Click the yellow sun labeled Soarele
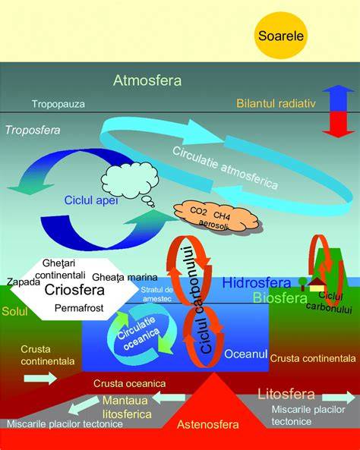tap(281, 36)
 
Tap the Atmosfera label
tap(147, 80)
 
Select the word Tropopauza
tap(58, 104)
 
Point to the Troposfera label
tap(33, 130)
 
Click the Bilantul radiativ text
tap(276, 103)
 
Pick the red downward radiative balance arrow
tap(339, 124)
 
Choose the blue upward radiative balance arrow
tap(339, 98)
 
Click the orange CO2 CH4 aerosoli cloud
tap(216, 217)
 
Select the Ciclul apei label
tap(91, 200)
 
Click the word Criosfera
tap(74, 290)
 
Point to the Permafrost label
tap(79, 308)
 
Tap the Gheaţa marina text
tap(125, 277)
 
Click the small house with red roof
tap(317, 285)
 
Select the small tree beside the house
tap(302, 284)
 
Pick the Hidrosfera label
tap(257, 283)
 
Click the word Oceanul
tap(245, 354)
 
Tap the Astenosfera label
tap(208, 424)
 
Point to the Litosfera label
tap(286, 394)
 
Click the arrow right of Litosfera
tap(339, 397)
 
